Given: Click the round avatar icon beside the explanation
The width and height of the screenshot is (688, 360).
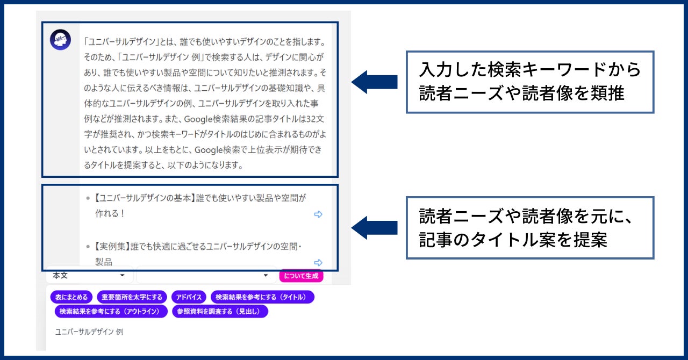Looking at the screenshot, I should click(60, 40).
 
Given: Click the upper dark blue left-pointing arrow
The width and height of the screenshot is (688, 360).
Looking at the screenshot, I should click(374, 82).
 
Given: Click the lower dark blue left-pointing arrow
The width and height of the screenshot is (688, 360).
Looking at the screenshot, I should click(374, 227).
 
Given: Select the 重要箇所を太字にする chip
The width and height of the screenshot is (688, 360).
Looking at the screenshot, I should click(132, 297).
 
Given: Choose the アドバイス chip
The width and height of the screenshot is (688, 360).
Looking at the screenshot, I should click(189, 297).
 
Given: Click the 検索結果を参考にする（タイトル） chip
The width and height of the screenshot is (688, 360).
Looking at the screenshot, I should click(262, 297).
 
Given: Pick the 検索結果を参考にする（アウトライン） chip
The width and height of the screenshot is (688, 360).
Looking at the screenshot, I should click(110, 311).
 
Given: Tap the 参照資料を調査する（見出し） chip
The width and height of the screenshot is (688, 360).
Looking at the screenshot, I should click(220, 311).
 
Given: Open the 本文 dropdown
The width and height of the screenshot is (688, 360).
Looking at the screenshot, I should click(89, 276).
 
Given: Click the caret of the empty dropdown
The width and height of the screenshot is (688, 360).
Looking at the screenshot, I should click(265, 276).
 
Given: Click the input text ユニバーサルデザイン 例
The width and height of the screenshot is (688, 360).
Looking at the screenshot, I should click(89, 332).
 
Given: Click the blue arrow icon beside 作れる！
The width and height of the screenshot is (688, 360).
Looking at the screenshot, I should click(318, 214).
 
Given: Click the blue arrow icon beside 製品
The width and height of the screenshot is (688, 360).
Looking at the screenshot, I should click(318, 262).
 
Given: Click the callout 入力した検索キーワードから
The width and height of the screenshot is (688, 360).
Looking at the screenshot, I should click(530, 70).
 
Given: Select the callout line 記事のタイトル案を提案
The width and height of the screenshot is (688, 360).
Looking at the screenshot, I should click(513, 240).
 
